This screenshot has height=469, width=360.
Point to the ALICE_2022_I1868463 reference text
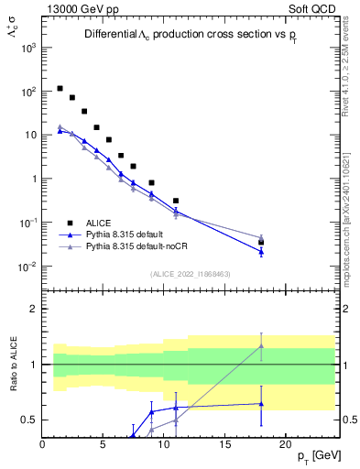pos(190,273)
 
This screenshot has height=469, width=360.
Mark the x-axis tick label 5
pos(104,444)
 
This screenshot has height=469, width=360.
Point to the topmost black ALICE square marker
pos(60,89)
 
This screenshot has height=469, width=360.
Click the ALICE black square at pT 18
pos(261,243)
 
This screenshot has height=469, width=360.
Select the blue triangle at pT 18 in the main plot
pos(261,251)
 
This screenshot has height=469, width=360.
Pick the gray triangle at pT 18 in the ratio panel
pos(261,345)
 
